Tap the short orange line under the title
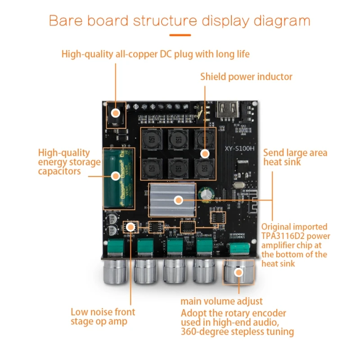(180, 35)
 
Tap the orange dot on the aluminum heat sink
(178, 199)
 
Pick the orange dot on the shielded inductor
(205, 153)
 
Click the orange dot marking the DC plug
(116, 113)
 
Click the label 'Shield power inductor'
(246, 77)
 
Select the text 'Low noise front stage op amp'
(103, 316)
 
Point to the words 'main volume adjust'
(221, 301)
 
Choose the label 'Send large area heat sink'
(295, 157)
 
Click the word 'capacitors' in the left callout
(59, 171)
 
